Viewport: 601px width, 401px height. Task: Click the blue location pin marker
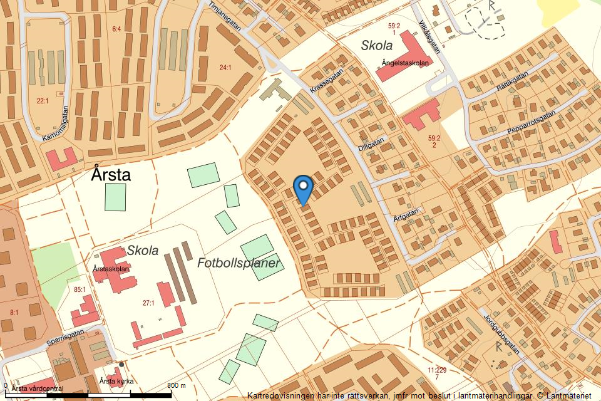[303, 187]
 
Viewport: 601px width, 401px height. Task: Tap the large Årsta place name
[111, 174]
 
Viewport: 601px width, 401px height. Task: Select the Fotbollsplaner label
[238, 263]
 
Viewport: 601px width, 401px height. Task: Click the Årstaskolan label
[111, 269]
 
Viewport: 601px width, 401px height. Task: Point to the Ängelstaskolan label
[405, 63]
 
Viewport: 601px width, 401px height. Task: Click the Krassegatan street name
[327, 82]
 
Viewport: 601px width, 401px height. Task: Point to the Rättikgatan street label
[512, 85]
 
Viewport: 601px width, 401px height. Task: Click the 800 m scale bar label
[177, 385]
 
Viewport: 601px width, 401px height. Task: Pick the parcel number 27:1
[148, 303]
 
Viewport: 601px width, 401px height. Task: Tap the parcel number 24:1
[225, 67]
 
